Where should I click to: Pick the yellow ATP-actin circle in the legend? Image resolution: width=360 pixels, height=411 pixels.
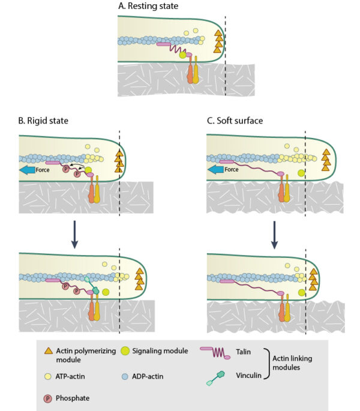[x=49, y=376]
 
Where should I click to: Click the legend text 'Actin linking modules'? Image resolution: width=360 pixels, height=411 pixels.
[x=307, y=364]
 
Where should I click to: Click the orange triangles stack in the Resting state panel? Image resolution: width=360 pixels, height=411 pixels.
[x=218, y=42]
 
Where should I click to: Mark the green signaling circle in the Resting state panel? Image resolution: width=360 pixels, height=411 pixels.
[x=182, y=55]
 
